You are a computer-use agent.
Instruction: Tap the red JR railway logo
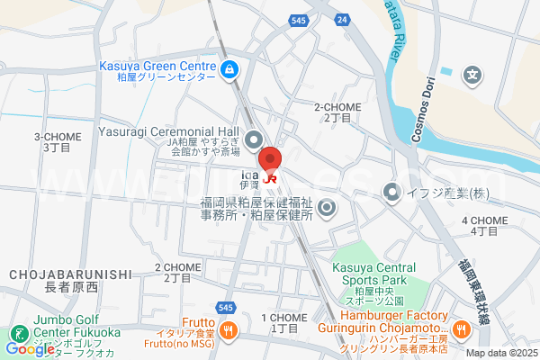271,178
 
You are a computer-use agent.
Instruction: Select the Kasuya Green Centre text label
158,67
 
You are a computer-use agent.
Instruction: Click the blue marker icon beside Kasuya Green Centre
229,67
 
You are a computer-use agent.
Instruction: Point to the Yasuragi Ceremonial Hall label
169,131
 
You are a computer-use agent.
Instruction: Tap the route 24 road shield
340,19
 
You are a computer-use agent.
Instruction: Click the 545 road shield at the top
300,19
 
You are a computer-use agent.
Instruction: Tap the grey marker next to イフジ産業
391,192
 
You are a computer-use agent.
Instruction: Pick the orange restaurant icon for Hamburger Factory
460,329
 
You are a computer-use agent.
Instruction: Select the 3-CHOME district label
57,137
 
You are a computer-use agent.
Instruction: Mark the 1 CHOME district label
283,318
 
